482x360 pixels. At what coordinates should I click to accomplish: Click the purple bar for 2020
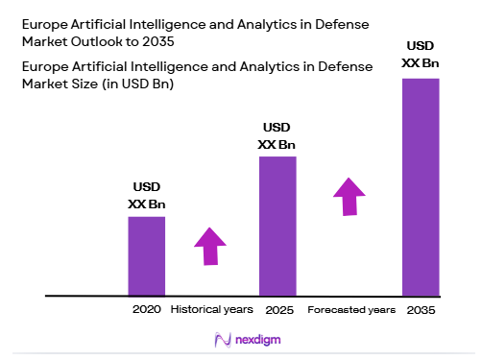[x=146, y=255]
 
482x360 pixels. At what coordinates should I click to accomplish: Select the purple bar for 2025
[x=277, y=225]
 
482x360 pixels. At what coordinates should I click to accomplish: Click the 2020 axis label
[x=146, y=310]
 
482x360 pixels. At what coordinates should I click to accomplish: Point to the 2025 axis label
[x=277, y=310]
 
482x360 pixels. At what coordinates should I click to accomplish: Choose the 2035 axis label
[x=421, y=310]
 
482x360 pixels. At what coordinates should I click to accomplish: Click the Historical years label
[x=211, y=310]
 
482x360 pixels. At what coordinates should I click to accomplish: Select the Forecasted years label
[x=351, y=310]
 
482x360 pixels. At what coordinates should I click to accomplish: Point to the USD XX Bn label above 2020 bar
[x=147, y=196]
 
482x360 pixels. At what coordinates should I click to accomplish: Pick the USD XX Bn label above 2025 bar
[x=277, y=136]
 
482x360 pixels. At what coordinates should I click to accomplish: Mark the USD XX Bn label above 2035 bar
[x=421, y=55]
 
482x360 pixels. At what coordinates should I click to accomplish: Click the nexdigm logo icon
[x=222, y=340]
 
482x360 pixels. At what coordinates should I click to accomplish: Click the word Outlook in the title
[x=117, y=44]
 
